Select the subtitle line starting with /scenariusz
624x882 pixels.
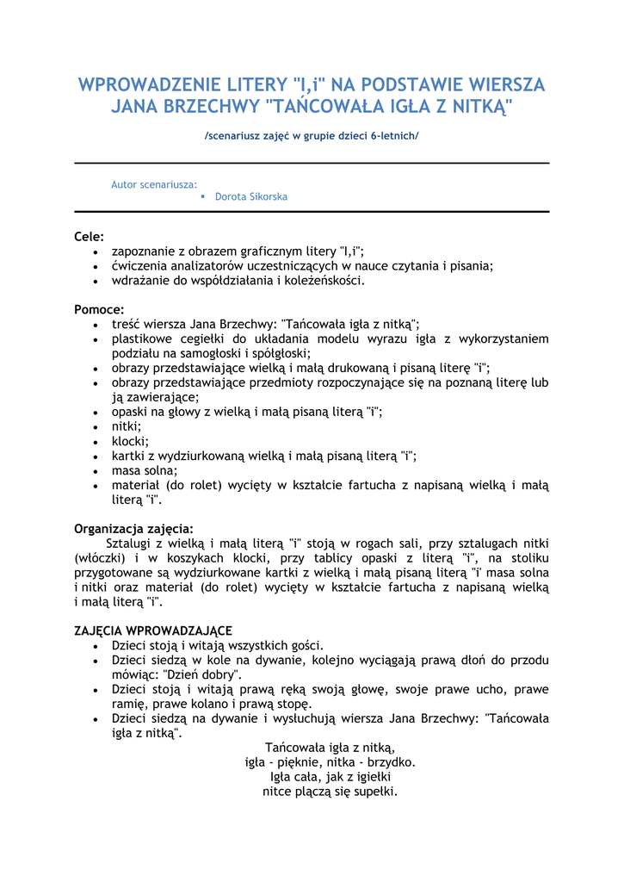coord(312,136)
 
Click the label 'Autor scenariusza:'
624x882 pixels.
coord(154,184)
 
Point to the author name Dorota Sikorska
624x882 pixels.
coord(251,197)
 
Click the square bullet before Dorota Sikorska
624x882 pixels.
coord(202,197)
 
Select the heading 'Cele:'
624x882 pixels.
coord(90,236)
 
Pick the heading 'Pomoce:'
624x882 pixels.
coord(99,309)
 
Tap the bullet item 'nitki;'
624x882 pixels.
coord(127,426)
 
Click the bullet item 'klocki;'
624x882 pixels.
coord(130,441)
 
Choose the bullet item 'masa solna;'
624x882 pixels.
coord(145,470)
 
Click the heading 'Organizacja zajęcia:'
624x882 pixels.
coord(133,529)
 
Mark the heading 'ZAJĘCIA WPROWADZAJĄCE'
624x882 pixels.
coord(153,631)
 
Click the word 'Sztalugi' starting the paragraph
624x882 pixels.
coord(130,543)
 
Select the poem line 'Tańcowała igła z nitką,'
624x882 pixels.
coord(330,748)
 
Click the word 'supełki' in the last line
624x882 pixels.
coord(374,792)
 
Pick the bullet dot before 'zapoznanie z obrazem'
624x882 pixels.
coord(95,252)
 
